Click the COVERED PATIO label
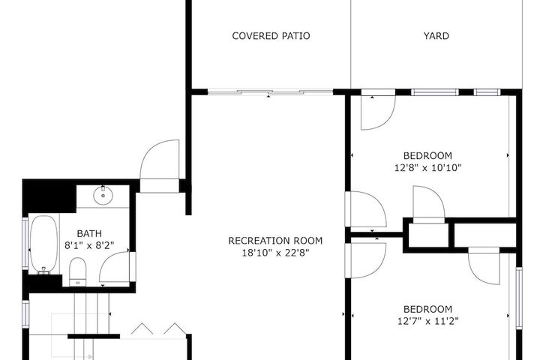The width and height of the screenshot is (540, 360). (x=271, y=36)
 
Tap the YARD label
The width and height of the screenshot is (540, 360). (x=436, y=36)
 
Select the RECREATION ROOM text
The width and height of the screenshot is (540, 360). (x=275, y=241)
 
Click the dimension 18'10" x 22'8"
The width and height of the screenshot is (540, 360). (x=275, y=253)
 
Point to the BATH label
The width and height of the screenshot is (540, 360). (x=89, y=233)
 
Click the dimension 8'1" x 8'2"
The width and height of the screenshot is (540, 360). (x=89, y=245)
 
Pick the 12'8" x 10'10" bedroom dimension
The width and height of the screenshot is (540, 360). (x=427, y=168)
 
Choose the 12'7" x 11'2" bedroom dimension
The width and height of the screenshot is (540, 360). (x=427, y=321)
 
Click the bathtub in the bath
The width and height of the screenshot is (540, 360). (x=43, y=244)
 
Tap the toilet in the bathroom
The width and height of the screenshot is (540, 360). (x=77, y=271)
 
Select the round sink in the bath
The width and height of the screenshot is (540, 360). (x=103, y=195)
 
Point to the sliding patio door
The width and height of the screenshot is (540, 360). (x=270, y=92)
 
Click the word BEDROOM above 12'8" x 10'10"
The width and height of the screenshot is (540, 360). (x=427, y=156)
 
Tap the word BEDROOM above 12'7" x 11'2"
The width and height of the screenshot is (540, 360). (x=427, y=309)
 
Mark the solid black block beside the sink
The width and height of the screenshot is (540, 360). (x=49, y=196)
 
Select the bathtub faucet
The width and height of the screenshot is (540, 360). (x=43, y=271)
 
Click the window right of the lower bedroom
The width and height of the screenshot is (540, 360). (x=519, y=298)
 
